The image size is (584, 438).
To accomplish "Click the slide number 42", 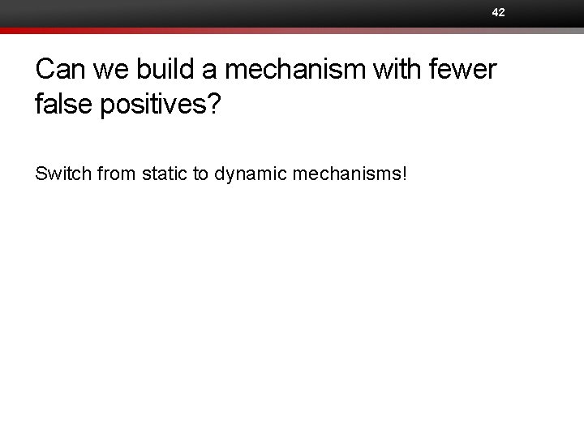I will tap(498, 12).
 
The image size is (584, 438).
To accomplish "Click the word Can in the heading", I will tap(61, 70).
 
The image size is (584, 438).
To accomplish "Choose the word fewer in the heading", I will tap(466, 70).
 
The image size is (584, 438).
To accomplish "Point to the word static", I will tap(164, 173).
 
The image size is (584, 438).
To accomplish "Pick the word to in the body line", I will tap(201, 173).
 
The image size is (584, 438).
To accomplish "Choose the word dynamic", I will tap(249, 173).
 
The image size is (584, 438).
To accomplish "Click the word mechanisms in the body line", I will tap(353, 173).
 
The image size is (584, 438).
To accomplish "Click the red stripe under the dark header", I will tap(292, 31).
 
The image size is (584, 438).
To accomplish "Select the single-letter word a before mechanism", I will tap(209, 71).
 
